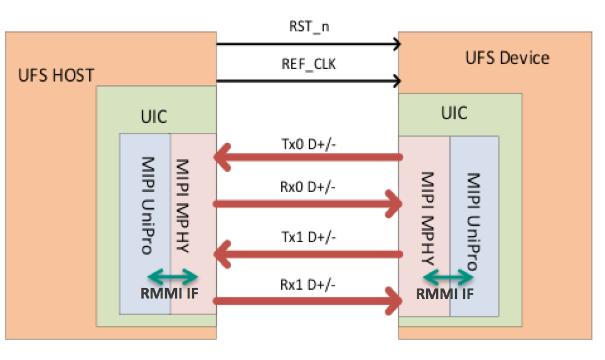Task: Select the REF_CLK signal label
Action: tap(307, 64)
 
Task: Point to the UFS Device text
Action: tap(507, 58)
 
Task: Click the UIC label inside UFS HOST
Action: tap(154, 117)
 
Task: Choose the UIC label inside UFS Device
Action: tap(454, 113)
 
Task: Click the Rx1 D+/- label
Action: tap(308, 284)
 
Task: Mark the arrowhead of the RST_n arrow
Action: tap(396, 44)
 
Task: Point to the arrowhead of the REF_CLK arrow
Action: tap(396, 80)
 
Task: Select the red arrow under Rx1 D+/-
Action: tap(308, 302)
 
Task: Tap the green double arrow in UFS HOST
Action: tap(173, 275)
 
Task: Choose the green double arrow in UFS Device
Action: tap(448, 275)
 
